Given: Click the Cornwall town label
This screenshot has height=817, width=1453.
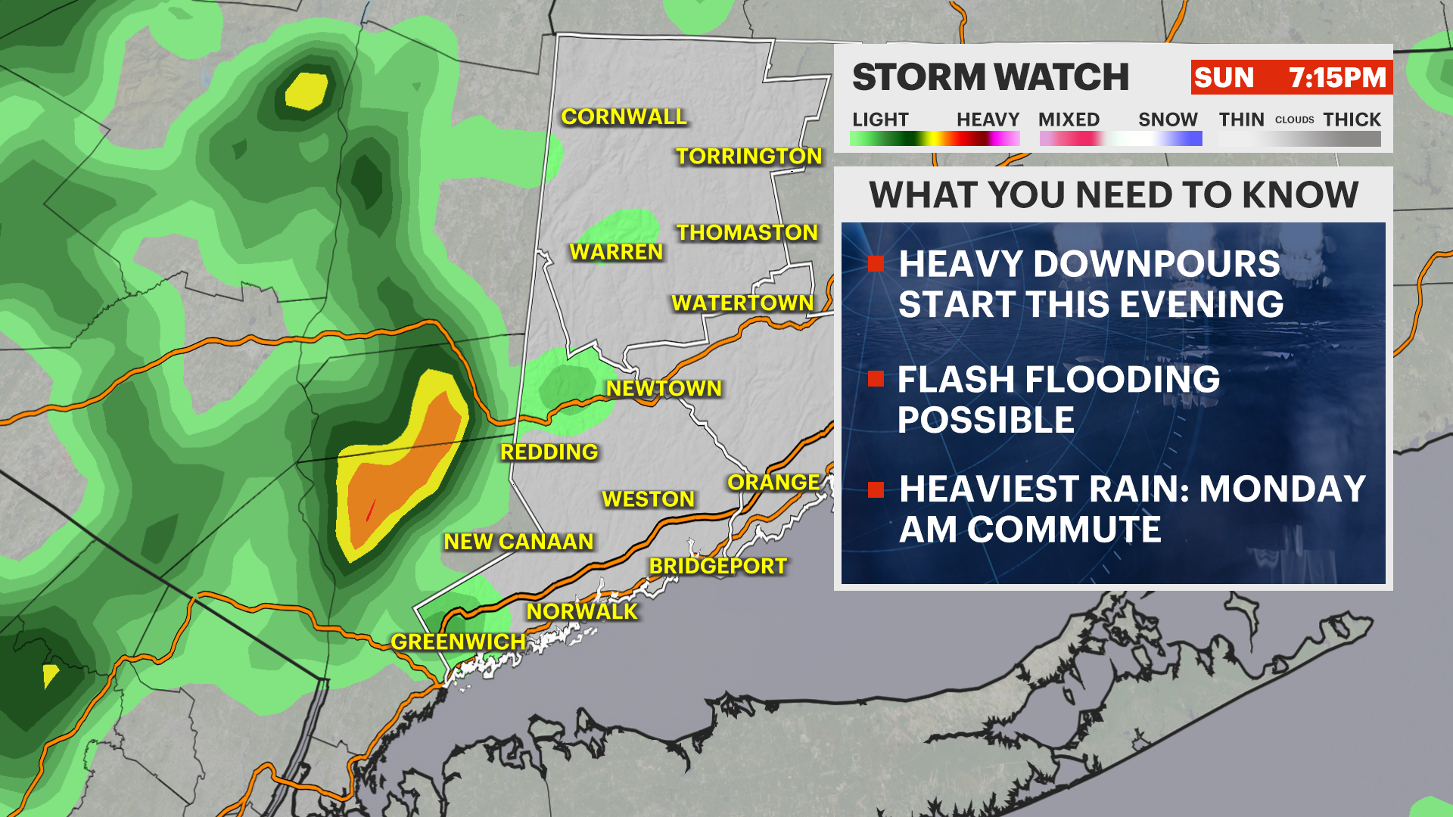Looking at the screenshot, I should tap(624, 116).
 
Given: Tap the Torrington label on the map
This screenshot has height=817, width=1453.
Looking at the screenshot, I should tap(748, 156).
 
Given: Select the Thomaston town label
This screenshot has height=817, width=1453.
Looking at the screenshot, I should tap(747, 232).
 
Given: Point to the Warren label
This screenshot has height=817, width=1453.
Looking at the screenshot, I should tap(616, 252).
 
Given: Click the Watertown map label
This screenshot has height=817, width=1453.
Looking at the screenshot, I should tap(742, 303).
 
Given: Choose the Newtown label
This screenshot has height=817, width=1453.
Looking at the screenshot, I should tap(664, 388).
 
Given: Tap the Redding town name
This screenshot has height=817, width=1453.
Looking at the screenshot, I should tap(549, 452).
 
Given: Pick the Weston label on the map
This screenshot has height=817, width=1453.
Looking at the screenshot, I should tap(648, 499).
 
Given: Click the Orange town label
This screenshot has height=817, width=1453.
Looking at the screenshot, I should tap(773, 482).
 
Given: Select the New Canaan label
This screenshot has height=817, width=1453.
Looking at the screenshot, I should tap(518, 542).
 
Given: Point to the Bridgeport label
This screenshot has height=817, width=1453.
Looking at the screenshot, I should tap(717, 566).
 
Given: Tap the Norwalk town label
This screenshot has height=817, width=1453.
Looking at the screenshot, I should tap(582, 611).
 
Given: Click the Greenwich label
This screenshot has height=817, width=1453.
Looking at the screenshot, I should tap(458, 641).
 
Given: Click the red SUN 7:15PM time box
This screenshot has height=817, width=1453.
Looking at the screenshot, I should tap(1291, 77).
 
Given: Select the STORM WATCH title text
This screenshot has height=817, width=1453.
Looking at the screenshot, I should tap(990, 77).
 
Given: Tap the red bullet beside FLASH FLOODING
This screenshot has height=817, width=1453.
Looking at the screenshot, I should tap(876, 378).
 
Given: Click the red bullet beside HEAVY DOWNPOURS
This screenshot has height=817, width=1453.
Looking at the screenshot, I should tap(876, 263).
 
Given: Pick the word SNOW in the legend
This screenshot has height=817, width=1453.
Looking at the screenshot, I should tap(1167, 120).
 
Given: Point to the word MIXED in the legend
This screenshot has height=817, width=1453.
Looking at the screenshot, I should tap(1069, 120).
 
